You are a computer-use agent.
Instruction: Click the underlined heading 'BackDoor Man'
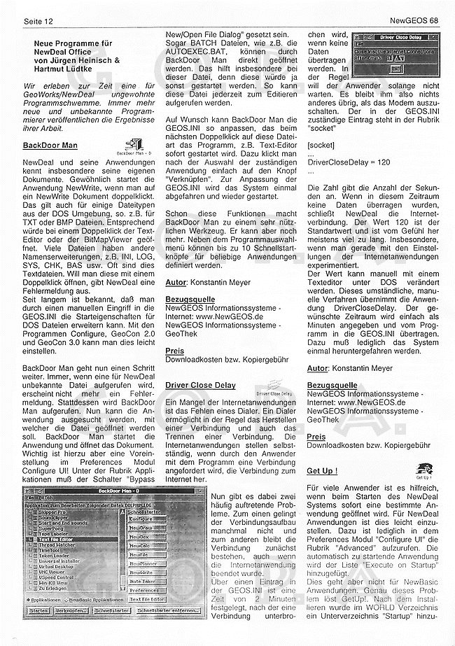50,146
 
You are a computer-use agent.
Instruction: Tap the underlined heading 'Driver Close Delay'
200,385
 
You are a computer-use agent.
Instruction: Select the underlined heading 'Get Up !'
322,470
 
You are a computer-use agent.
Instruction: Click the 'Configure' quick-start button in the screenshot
141,519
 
